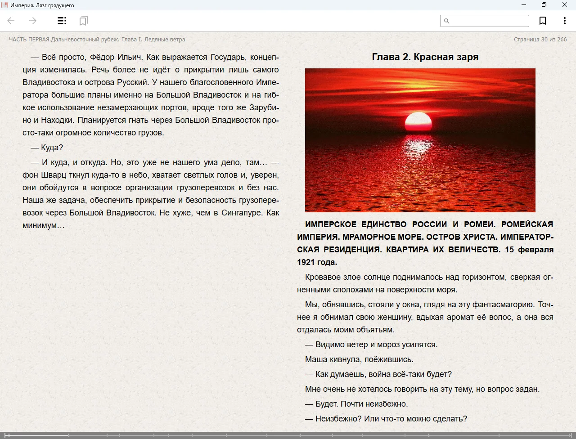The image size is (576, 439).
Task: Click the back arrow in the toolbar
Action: coord(11,21)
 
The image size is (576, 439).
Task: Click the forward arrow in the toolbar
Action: coord(33,21)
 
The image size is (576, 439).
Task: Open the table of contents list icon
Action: coord(62,21)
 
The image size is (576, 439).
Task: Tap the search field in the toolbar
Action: coord(488,21)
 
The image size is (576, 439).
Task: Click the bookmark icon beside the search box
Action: coord(543,21)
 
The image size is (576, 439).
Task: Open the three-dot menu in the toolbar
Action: coord(564,21)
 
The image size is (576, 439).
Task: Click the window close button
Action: coord(564,5)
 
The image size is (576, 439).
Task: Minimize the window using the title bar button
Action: coord(524,5)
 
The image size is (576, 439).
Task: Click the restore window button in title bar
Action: coord(544,5)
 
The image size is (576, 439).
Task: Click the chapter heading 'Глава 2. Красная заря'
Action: coord(425,57)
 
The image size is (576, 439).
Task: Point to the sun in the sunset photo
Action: coord(418,121)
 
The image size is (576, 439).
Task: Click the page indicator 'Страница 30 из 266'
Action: coord(540,40)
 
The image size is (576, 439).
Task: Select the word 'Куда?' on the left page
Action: coord(52,148)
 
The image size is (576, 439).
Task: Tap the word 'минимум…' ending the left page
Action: coord(44,225)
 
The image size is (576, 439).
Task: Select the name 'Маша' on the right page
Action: coord(315,359)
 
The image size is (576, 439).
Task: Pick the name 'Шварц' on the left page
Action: coord(54,175)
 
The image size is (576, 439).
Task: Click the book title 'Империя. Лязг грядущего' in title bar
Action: coord(42,5)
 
